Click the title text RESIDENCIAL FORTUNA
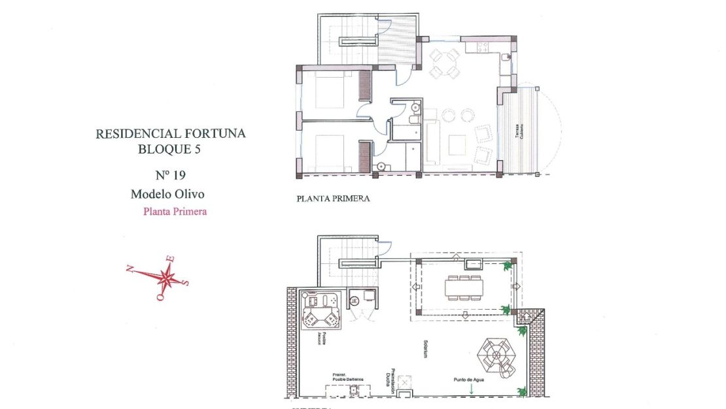[x=171, y=134]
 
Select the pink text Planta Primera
[x=175, y=212]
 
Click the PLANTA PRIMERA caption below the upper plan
[x=333, y=199]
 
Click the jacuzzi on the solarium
[x=320, y=312]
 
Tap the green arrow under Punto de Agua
[x=470, y=389]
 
